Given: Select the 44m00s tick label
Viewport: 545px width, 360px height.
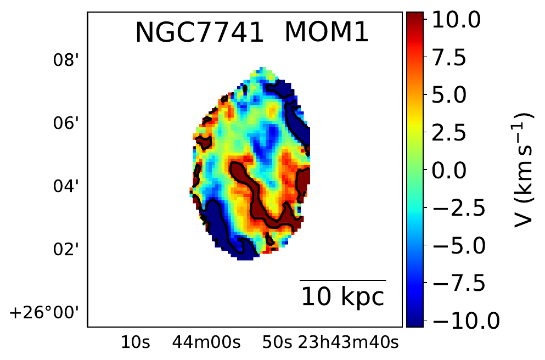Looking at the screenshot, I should (206, 343).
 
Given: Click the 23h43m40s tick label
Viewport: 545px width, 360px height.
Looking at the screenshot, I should (348, 343).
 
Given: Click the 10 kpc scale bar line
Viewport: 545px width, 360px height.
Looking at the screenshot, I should (342, 280).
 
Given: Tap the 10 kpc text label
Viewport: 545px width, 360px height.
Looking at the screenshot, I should (342, 297).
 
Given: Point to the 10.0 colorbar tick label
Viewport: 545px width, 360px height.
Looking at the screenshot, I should (456, 20).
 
